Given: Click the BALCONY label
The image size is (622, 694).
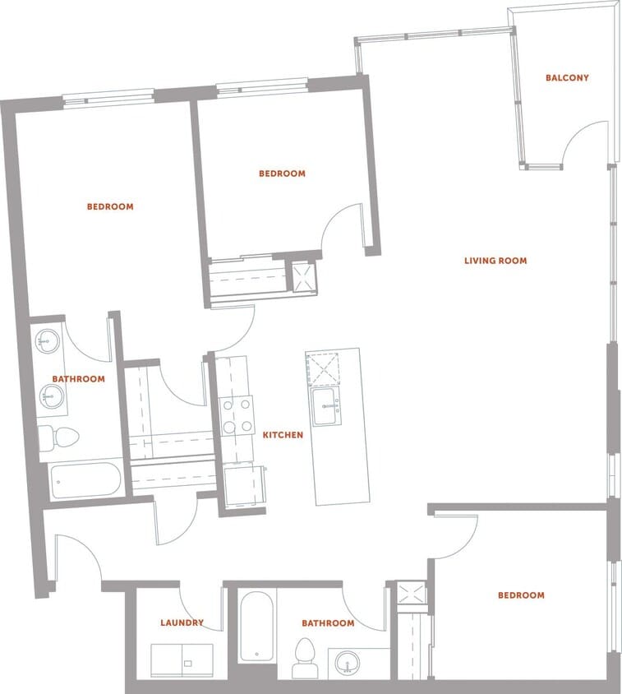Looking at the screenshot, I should [567, 78].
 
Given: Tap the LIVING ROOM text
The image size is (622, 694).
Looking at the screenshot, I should [495, 261].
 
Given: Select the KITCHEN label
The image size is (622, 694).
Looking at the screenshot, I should [283, 434].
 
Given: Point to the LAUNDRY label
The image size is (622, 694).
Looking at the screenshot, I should [182, 623].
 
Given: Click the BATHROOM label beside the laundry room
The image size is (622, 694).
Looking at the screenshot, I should [328, 623].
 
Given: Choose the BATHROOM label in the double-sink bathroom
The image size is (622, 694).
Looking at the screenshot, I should [78, 379].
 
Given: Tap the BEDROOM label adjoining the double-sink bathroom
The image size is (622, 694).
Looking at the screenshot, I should [110, 206].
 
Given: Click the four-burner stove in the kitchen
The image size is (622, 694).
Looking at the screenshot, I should [237, 415].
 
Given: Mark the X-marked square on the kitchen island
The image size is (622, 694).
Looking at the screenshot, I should [322, 368].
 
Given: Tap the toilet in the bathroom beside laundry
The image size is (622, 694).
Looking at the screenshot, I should [305, 657].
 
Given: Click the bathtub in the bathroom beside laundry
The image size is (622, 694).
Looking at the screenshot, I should [256, 627].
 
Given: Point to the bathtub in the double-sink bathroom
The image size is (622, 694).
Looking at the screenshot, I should [85, 479].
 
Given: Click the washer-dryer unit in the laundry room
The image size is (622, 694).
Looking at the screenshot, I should [182, 659].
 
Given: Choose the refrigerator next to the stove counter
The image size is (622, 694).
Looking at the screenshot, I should [244, 487].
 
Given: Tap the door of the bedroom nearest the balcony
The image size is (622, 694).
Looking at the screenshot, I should [341, 224].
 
